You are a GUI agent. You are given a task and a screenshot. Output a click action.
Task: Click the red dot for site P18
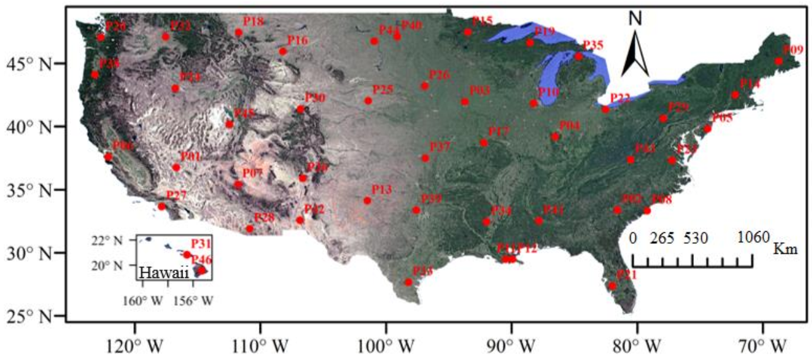(239, 32)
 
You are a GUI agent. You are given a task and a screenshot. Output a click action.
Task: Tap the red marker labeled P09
(779, 61)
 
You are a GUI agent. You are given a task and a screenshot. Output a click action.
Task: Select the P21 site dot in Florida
(612, 286)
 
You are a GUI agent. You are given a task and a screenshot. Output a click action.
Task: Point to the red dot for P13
(367, 200)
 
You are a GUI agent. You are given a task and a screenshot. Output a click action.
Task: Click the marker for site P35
(578, 56)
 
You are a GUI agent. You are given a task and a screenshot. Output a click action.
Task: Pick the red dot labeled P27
(162, 207)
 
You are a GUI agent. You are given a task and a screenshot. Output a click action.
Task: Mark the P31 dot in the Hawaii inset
(187, 255)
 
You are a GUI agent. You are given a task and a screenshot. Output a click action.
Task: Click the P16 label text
(297, 40)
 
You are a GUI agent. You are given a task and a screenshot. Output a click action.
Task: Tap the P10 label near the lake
(549, 92)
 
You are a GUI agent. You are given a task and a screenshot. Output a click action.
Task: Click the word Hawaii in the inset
(161, 273)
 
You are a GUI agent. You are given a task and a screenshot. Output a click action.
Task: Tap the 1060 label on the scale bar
(752, 237)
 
